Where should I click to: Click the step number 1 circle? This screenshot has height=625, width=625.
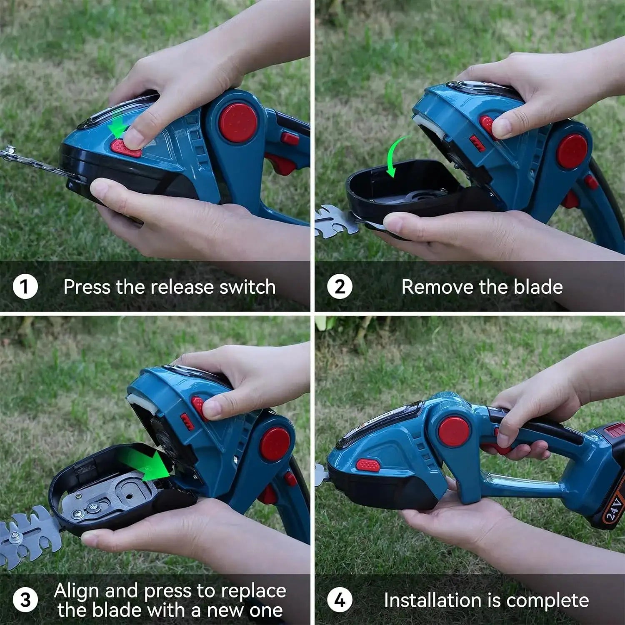coord(25,287)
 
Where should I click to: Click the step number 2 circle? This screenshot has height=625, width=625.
coord(340,287)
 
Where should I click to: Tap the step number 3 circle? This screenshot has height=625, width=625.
coord(25,600)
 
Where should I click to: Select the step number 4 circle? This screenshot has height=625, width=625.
coord(340,600)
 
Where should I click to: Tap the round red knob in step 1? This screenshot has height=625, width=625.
coord(238,122)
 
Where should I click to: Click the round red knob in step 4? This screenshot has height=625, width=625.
coord(454,432)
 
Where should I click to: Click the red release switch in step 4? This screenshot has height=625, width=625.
coord(368,465)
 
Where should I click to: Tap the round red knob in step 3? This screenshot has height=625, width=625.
coord(275,444)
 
